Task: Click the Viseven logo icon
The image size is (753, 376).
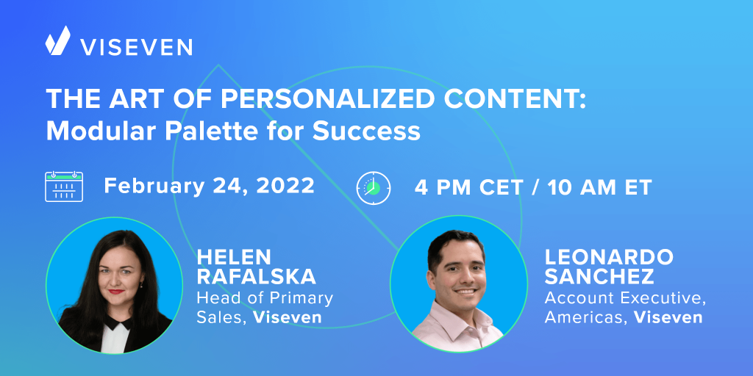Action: (57, 40)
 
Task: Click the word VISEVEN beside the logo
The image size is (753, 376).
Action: (136, 47)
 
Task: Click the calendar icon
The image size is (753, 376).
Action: (64, 186)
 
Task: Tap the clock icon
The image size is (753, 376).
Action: (374, 188)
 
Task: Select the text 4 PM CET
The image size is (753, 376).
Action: (468, 187)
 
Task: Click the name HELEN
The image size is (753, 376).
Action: (234, 258)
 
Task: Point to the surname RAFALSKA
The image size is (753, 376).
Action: (257, 277)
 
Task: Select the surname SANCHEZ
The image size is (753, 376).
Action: (599, 277)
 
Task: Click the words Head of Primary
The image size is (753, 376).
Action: (265, 298)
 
